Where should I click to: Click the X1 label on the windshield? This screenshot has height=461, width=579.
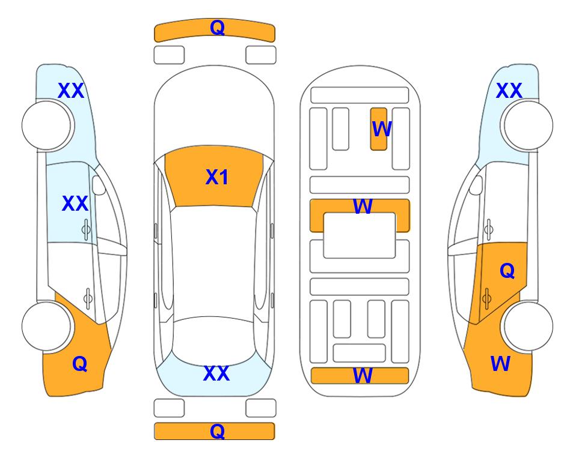(217, 177)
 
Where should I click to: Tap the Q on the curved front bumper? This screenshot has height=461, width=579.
(217, 27)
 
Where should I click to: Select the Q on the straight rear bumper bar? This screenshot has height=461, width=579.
(217, 431)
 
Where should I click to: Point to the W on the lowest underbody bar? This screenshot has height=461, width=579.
(363, 375)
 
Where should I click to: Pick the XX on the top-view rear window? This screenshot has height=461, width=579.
(216, 373)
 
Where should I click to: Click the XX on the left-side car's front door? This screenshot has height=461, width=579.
(75, 203)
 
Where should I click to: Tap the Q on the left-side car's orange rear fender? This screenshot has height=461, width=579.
(80, 364)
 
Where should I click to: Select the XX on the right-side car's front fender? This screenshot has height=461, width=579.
(509, 91)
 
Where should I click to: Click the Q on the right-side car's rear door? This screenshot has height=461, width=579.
(507, 271)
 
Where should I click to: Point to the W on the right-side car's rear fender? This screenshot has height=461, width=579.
(500, 364)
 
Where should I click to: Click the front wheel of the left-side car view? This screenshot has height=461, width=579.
(46, 125)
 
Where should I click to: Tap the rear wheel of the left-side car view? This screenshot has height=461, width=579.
(46, 327)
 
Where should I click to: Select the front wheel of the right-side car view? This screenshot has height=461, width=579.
(528, 125)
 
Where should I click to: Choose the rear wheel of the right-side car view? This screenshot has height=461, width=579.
(528, 327)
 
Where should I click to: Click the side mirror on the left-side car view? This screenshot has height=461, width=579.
(99, 185)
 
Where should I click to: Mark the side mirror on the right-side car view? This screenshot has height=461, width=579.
(476, 185)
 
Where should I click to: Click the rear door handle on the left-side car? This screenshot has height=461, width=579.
(88, 298)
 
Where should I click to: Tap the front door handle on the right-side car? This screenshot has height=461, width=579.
(489, 229)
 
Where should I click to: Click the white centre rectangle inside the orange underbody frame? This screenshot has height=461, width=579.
(360, 235)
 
